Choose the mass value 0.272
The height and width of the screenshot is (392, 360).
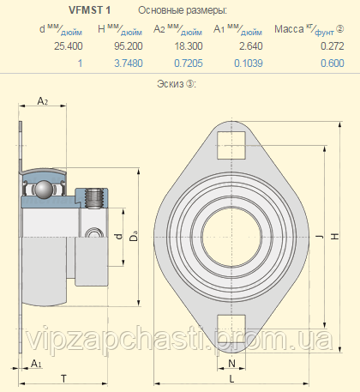click(x=321, y=47)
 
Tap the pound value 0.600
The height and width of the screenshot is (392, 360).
click(x=321, y=63)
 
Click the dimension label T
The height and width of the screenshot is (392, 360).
click(x=63, y=378)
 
